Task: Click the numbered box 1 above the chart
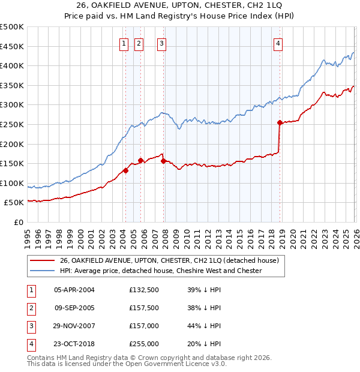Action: (x=124, y=43)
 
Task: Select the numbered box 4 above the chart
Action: (x=278, y=43)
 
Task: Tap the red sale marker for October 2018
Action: (x=280, y=122)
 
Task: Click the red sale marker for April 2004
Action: (x=125, y=170)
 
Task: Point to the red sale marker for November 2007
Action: (x=164, y=161)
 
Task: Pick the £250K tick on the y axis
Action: (x=12, y=124)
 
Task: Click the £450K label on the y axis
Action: (x=12, y=46)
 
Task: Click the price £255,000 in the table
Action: (x=144, y=344)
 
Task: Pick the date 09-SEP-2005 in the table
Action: (x=74, y=308)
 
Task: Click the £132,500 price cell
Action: (x=144, y=290)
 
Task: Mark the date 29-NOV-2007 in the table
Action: (x=74, y=326)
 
